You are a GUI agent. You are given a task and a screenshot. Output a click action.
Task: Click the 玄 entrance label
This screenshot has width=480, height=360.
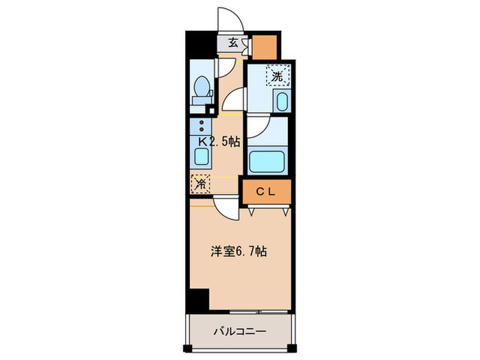[233, 43]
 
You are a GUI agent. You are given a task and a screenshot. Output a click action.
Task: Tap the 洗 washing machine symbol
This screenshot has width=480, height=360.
[277, 76]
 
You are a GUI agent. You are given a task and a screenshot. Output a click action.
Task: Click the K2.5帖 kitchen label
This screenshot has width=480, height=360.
[219, 143]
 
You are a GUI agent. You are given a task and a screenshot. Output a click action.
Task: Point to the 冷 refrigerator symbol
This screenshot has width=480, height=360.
[200, 183]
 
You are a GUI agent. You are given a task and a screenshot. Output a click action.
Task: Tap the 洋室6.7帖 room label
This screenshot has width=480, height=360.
[238, 252]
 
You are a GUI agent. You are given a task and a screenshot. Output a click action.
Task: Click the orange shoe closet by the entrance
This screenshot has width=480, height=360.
[265, 46]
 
